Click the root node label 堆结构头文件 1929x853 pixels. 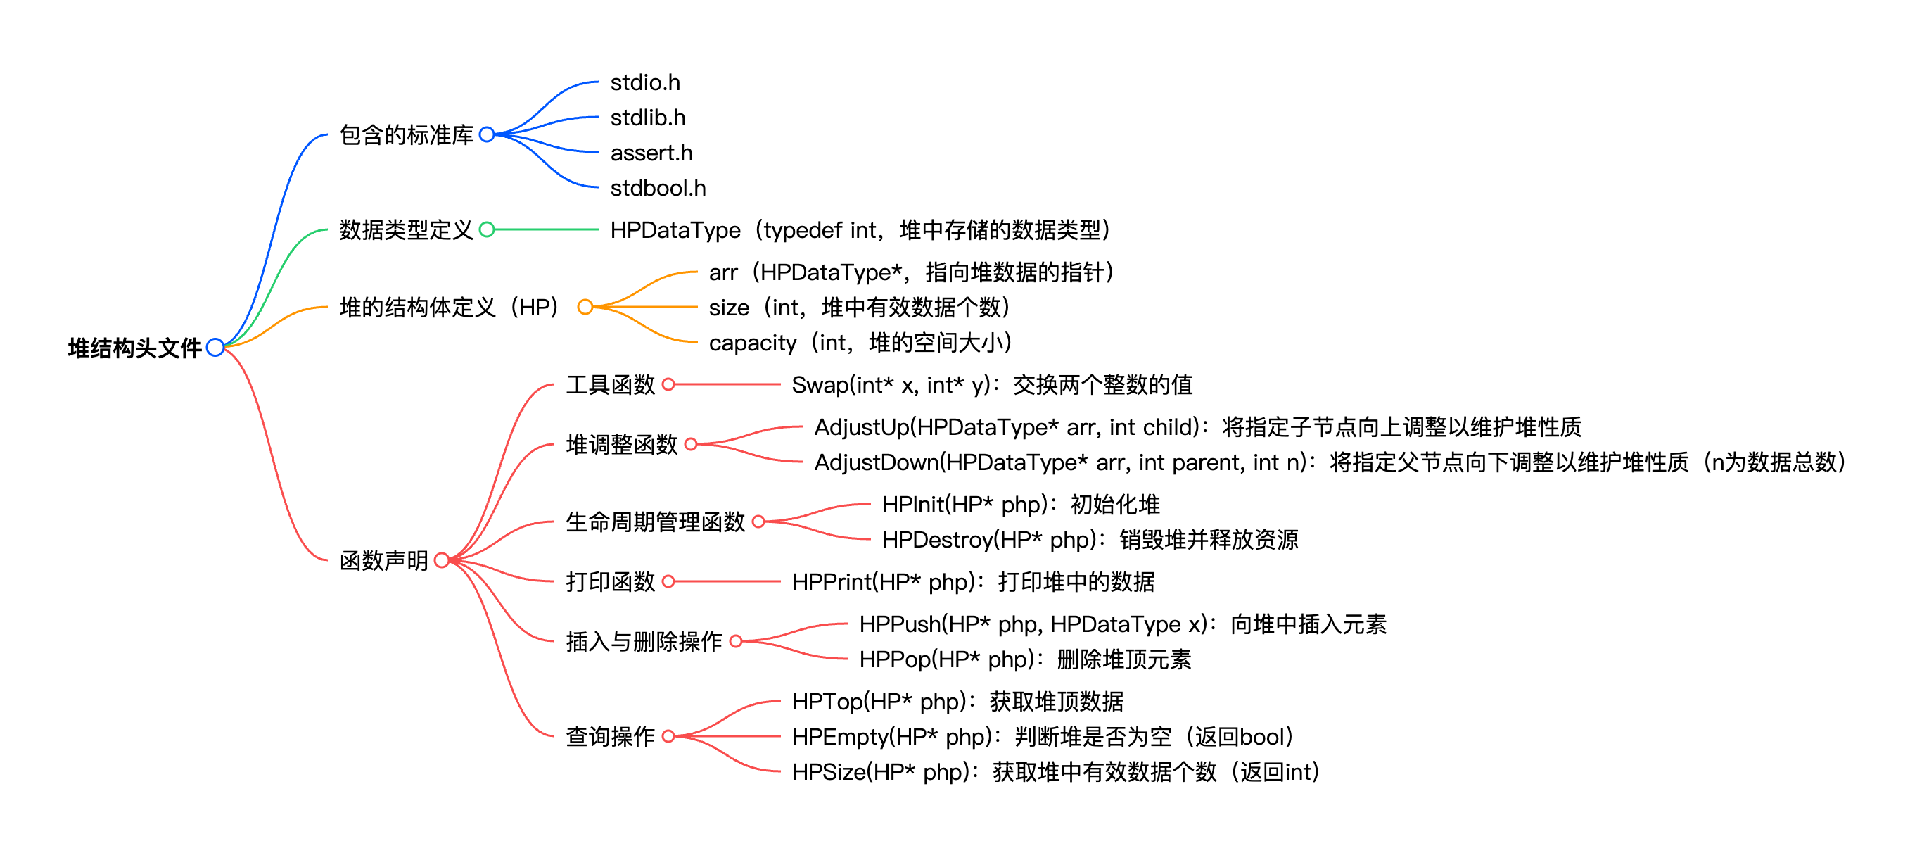(x=135, y=348)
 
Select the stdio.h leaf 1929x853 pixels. (x=644, y=82)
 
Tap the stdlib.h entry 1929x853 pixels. (x=648, y=118)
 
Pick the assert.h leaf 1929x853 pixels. (x=651, y=153)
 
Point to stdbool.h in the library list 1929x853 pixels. (x=658, y=188)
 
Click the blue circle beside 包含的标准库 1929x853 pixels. (x=487, y=135)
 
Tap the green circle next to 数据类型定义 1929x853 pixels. (x=487, y=230)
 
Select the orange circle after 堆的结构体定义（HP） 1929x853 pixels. (x=585, y=307)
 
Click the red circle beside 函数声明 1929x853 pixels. (x=442, y=560)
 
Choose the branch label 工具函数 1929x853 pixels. (x=611, y=385)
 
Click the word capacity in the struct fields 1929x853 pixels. (x=752, y=343)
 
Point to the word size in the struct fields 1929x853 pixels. (x=729, y=308)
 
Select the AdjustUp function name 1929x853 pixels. (x=861, y=427)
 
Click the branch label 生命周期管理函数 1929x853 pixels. (x=655, y=522)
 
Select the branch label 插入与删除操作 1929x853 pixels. (x=644, y=642)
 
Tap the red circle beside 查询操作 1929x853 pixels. (x=669, y=737)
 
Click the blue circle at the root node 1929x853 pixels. (x=215, y=348)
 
